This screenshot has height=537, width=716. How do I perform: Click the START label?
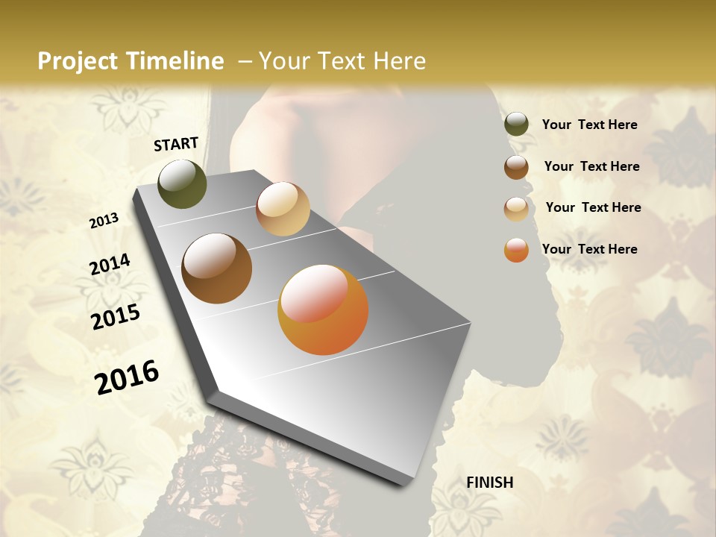pyautogui.click(x=176, y=144)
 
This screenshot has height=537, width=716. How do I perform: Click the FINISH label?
pyautogui.click(x=490, y=483)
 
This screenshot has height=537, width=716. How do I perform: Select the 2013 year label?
pyautogui.click(x=104, y=221)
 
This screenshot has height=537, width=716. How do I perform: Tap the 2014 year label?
pyautogui.click(x=110, y=265)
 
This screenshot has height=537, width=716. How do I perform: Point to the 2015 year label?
pyautogui.click(x=116, y=317)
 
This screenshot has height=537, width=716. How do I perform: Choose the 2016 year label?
pyautogui.click(x=127, y=377)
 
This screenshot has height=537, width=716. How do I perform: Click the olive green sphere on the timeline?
pyautogui.click(x=182, y=184)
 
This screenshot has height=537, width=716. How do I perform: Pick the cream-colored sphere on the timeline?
pyautogui.click(x=283, y=209)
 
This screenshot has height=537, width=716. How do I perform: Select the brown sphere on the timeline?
pyautogui.click(x=216, y=268)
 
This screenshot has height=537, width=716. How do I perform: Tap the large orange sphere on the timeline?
pyautogui.click(x=323, y=310)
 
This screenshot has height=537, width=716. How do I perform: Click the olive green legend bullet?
pyautogui.click(x=516, y=125)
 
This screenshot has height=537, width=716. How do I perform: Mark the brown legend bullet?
pyautogui.click(x=516, y=167)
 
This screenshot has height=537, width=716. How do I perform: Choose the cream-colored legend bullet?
pyautogui.click(x=516, y=209)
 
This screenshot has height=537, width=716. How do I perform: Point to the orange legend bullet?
pyautogui.click(x=516, y=250)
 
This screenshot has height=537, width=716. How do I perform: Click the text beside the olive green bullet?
pyautogui.click(x=589, y=125)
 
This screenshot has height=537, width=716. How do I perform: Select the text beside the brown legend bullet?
pyautogui.click(x=591, y=166)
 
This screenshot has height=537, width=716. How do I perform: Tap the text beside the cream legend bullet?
pyautogui.click(x=593, y=207)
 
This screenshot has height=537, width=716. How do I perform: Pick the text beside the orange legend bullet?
pyautogui.click(x=589, y=249)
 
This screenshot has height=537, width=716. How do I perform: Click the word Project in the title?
pyautogui.click(x=78, y=61)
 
